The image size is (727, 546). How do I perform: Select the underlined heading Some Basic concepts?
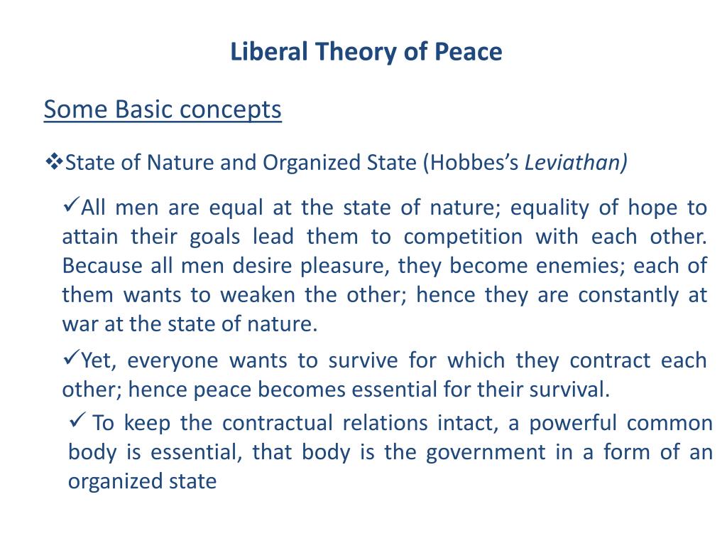click(x=163, y=110)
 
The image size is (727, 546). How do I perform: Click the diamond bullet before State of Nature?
click(x=54, y=162)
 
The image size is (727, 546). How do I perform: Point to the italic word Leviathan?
click(x=576, y=163)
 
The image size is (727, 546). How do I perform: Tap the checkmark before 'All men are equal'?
click(x=71, y=206)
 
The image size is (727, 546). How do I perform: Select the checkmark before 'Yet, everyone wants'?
click(x=71, y=358)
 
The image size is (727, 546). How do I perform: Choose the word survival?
click(x=572, y=390)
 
